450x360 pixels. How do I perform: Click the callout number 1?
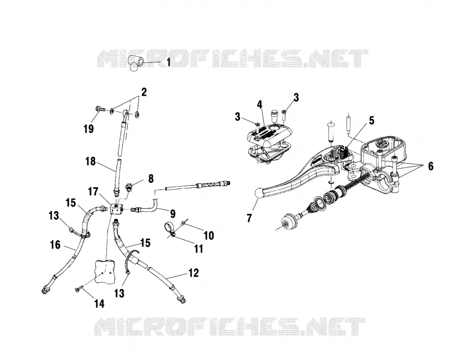168,62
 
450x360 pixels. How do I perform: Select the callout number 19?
89,129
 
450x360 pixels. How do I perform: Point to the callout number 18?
91,161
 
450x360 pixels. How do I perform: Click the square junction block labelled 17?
116,209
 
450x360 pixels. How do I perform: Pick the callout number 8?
151,178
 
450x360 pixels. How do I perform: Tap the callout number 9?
173,213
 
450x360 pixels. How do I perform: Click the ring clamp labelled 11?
170,229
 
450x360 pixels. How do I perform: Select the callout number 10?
209,236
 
